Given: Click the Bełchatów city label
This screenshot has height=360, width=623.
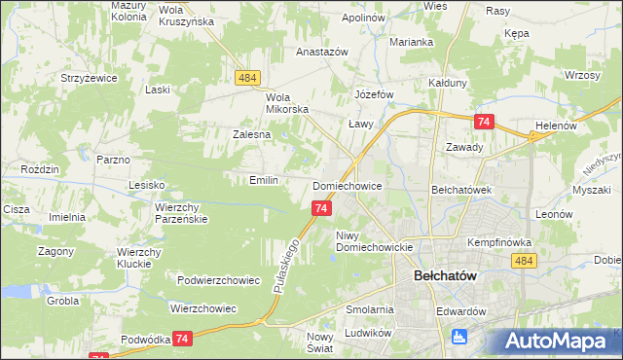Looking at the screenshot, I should pos(445,275).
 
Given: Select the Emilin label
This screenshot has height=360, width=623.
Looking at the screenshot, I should pos(264,180).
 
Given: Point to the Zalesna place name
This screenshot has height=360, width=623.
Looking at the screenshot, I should pos(250,134).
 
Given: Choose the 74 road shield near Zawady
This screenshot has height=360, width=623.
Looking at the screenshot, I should pos(484,122).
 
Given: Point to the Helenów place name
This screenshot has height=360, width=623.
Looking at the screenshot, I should pos(557,126).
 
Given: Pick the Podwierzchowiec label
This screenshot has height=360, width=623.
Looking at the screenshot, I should pos(218,280).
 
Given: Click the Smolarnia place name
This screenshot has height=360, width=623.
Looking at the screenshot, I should pos(369,309).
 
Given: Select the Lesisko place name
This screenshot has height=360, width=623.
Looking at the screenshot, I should pos(148,184).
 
